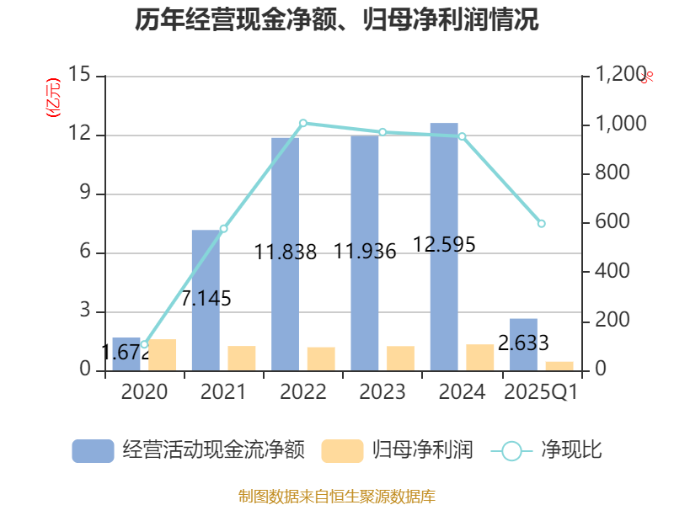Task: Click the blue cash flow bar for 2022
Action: pos(285,252)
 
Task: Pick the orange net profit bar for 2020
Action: pos(163,354)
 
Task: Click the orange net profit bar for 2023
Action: pos(401,358)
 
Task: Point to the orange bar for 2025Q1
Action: pos(559,365)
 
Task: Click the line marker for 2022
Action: pos(303,123)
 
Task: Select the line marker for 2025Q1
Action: pos(541,223)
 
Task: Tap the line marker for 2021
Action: pos(223,228)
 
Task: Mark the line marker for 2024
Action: pos(462,136)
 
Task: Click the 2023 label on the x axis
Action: pos(382,392)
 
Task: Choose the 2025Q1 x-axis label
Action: pos(541,392)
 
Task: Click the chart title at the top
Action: pos(337,20)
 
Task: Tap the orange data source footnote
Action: pos(337,496)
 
